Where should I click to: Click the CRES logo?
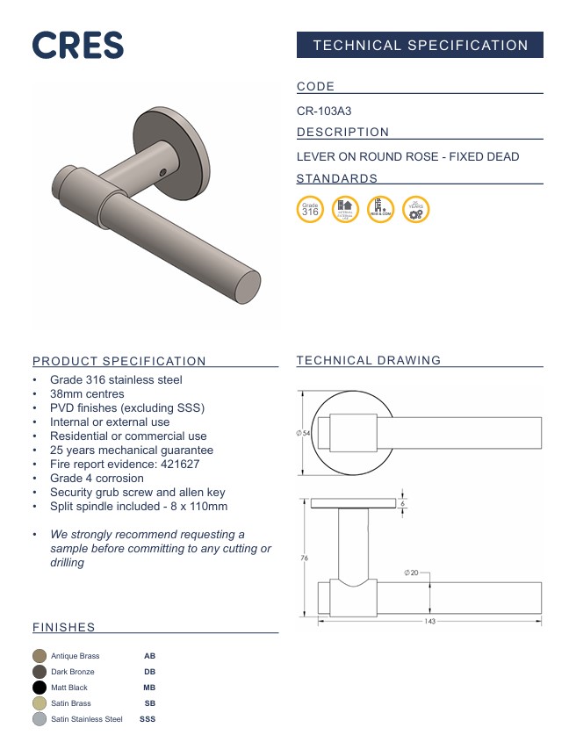pyautogui.click(x=78, y=45)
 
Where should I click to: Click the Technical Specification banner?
pyautogui.click(x=420, y=46)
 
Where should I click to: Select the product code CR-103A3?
pyautogui.click(x=324, y=112)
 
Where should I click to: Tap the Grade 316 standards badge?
pyautogui.click(x=310, y=210)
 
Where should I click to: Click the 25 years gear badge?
pyautogui.click(x=415, y=210)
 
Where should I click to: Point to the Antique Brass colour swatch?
pyautogui.click(x=40, y=656)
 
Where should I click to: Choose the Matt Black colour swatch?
pyautogui.click(x=40, y=688)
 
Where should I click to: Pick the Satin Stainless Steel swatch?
pyautogui.click(x=40, y=719)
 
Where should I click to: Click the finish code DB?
pyautogui.click(x=149, y=672)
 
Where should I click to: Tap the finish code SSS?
pyautogui.click(x=148, y=719)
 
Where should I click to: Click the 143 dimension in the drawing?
pyautogui.click(x=430, y=622)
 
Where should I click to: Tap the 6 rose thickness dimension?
pyautogui.click(x=403, y=505)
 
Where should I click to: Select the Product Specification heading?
pyautogui.click(x=119, y=361)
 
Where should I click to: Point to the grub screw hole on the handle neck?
pyautogui.click(x=163, y=172)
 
